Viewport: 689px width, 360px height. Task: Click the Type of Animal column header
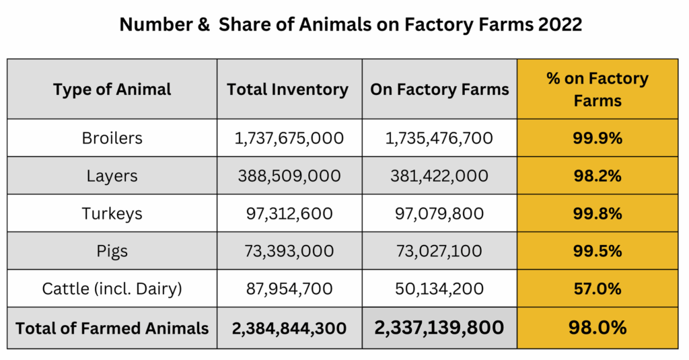[x=112, y=89]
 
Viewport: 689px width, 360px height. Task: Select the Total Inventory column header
[x=288, y=89]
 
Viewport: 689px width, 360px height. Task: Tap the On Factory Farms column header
[x=439, y=89]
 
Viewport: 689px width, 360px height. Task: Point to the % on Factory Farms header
[x=597, y=89]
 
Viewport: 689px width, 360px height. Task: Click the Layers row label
[x=112, y=176]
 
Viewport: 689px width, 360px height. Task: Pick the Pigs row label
[x=112, y=252]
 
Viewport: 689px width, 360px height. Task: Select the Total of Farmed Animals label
[x=112, y=328]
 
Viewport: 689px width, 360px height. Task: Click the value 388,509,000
[x=289, y=176]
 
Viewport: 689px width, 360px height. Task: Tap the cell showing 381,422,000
[x=439, y=176]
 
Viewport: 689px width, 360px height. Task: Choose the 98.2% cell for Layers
[x=597, y=176]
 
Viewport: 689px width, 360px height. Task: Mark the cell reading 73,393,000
[x=289, y=252]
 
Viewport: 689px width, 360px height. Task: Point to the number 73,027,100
[x=439, y=252]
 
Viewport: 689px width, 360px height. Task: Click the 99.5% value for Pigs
[x=597, y=252]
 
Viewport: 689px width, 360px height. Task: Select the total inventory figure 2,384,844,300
[x=289, y=328]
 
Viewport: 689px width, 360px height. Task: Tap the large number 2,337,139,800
[x=439, y=328]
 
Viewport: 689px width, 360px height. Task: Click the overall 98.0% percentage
[x=597, y=328]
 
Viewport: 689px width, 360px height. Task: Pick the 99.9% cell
[x=597, y=139]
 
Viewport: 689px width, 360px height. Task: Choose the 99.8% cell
[x=597, y=214]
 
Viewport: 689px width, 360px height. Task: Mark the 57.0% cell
[x=597, y=289]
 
